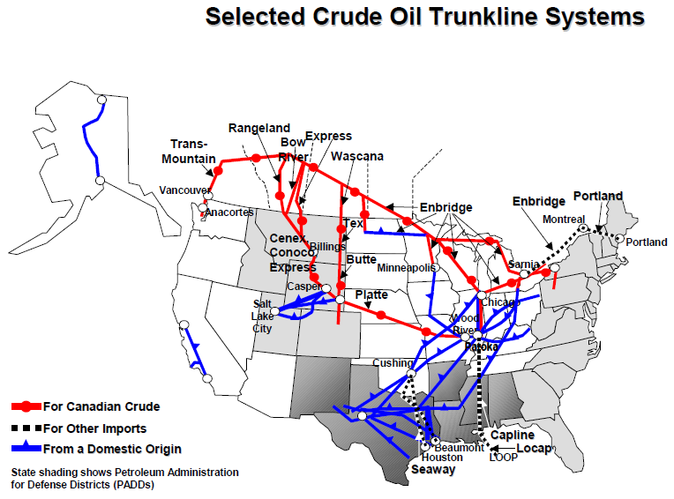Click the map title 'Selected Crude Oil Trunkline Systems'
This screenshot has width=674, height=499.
pos(424,16)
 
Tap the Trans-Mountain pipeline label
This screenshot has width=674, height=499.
pos(192,152)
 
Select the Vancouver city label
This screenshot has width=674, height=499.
pos(183,190)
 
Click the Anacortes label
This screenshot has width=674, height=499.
pos(228,212)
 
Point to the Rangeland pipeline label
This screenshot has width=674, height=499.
pos(258,129)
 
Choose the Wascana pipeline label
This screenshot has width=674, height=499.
pos(357,157)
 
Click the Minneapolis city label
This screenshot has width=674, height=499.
pos(406,267)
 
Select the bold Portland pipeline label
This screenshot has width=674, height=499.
pos(597,197)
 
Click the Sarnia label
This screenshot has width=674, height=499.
pos(524,264)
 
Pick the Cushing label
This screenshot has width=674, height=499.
pos(393,362)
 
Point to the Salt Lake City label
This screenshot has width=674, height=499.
pos(263,316)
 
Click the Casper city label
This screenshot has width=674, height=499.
pos(305,287)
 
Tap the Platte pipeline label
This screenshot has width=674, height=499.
pos(371,294)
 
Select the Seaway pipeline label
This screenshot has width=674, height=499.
pos(433,470)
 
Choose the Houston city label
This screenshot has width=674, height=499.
pos(441,458)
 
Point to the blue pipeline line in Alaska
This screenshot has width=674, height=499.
pos(90,145)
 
